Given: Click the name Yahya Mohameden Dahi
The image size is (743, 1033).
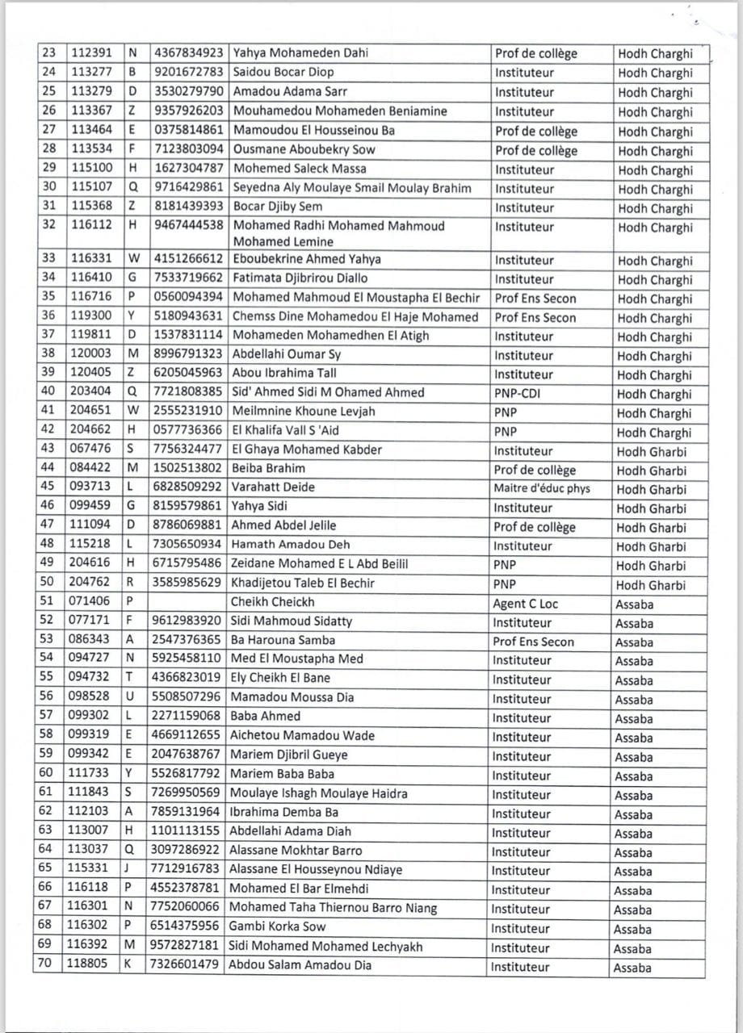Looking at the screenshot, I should [300, 53].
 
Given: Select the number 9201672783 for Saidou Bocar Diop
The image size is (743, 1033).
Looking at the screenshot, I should [187, 73].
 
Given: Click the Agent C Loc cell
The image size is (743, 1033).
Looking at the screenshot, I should [525, 604].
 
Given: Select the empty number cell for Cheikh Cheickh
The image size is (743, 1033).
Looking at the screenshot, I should [187, 602].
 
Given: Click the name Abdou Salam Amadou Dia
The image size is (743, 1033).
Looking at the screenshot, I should [300, 964].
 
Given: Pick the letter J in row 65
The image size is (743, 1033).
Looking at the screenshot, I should [130, 869].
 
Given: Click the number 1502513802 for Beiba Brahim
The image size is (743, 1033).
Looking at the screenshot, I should [187, 468].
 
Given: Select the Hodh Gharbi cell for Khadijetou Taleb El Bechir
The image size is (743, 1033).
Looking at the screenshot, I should [651, 585].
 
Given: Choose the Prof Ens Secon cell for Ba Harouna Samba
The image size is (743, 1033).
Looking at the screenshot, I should [534, 642].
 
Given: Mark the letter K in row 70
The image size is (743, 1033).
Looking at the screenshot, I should [130, 964].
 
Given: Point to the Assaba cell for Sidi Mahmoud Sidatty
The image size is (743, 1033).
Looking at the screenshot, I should [634, 623].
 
